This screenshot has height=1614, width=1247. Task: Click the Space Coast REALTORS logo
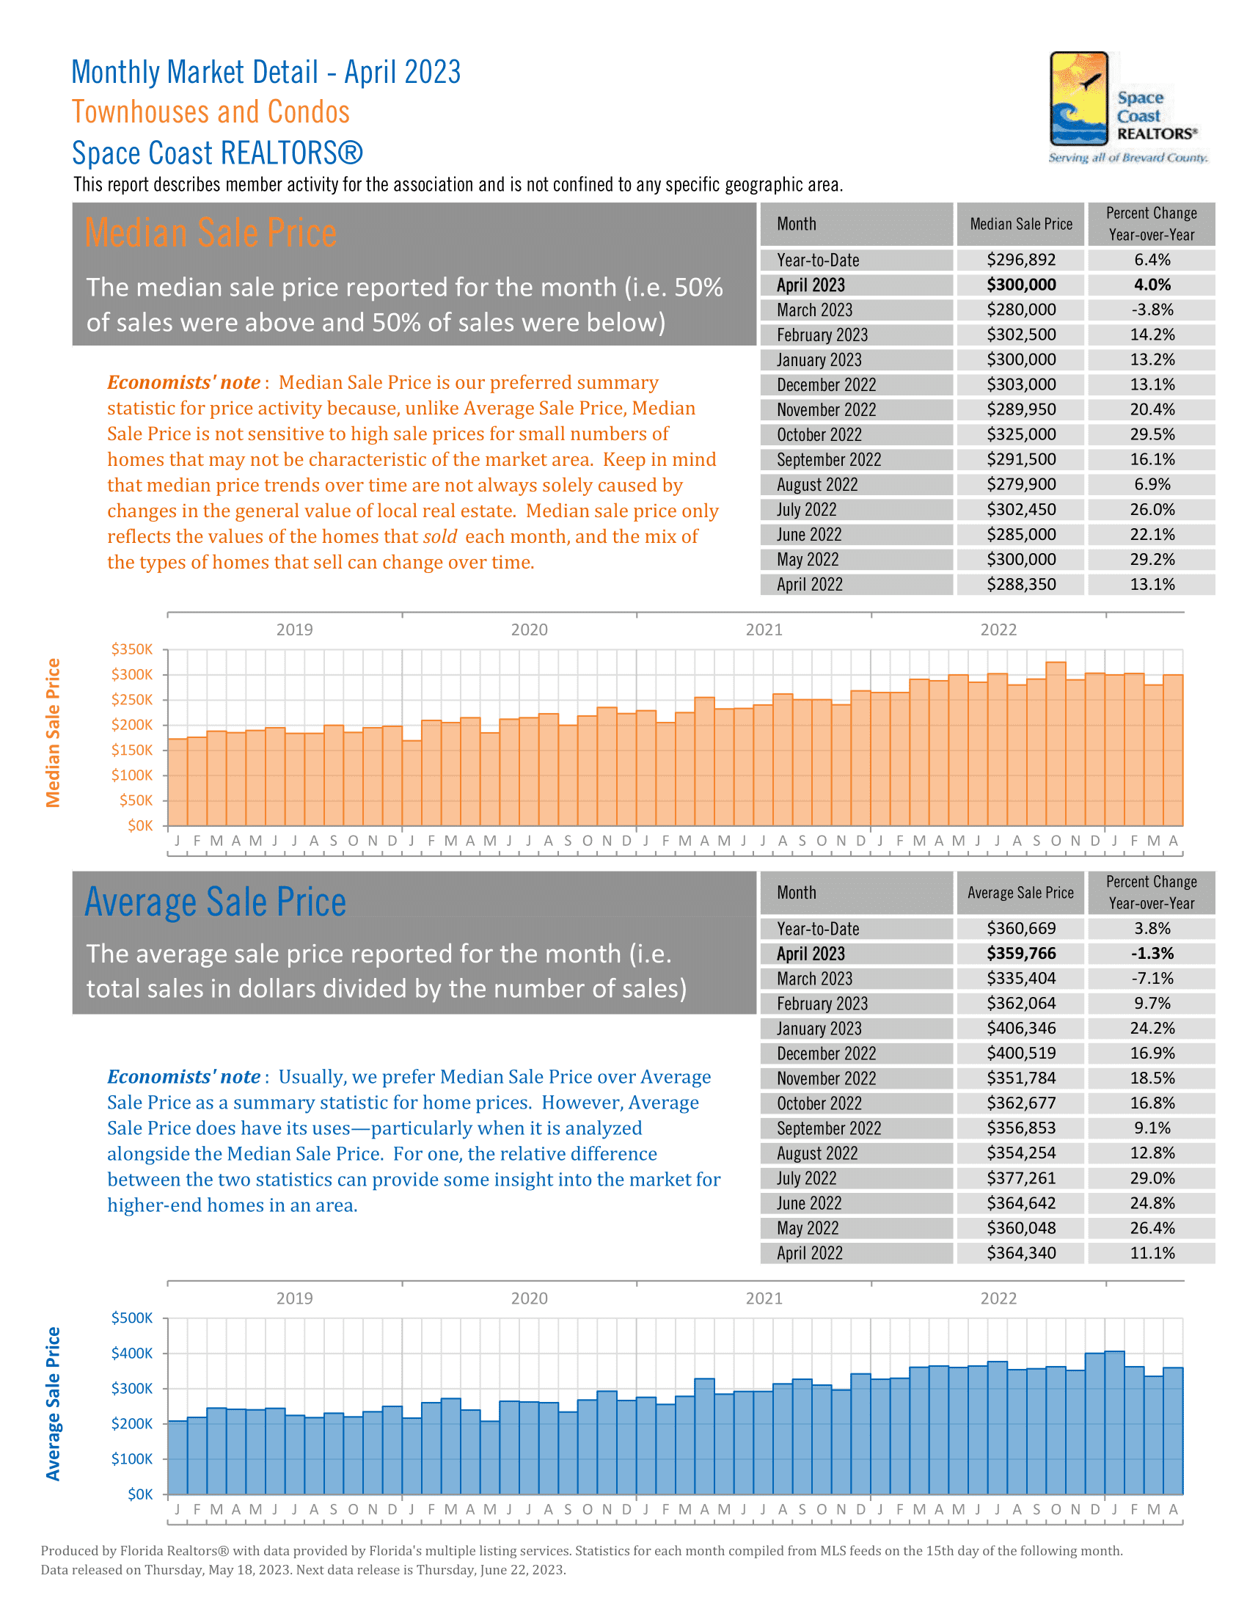tap(1127, 107)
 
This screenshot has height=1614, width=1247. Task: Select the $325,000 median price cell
tap(1021, 434)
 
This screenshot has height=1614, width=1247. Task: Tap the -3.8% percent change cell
tap(1152, 310)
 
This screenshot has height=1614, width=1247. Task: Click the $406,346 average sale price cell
tap(1021, 1029)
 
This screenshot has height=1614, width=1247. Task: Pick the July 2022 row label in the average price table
tap(806, 1179)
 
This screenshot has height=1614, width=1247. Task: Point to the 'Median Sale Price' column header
tap(1020, 224)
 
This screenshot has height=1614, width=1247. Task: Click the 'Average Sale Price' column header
tap(1020, 893)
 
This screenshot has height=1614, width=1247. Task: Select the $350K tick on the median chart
tap(132, 649)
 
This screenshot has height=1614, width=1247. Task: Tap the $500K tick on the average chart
tap(132, 1318)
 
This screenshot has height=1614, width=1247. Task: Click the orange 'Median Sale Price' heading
tap(211, 233)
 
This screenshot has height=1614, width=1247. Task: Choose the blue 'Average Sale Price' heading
tap(215, 902)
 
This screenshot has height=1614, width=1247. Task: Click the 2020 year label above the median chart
tap(529, 629)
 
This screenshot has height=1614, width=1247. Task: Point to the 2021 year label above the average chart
tap(764, 1299)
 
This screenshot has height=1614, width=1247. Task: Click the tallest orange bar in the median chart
tap(1056, 739)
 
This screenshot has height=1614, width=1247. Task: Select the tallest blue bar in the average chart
tap(1114, 1419)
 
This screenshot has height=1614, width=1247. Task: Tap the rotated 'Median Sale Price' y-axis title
tap(53, 732)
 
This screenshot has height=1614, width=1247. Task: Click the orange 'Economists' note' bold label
tap(183, 383)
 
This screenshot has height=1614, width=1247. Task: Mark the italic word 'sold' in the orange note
tap(440, 537)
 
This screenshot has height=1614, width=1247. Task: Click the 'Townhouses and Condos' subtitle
tap(211, 112)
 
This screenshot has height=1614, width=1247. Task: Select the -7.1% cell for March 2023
tap(1152, 979)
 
